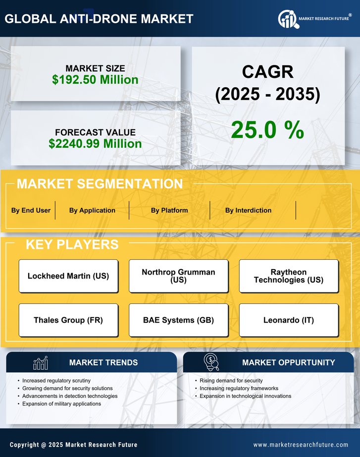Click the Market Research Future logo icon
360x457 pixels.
click(x=287, y=19)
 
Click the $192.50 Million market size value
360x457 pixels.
click(x=95, y=79)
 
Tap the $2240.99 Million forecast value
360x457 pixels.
click(x=95, y=144)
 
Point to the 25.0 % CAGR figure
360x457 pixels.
click(x=267, y=130)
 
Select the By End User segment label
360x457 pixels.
click(x=31, y=210)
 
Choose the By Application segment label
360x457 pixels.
click(x=92, y=210)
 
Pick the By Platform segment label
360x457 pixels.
click(x=169, y=210)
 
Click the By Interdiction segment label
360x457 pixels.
click(x=248, y=210)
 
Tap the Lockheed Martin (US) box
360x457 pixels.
click(x=68, y=276)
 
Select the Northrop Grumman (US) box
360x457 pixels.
click(x=178, y=276)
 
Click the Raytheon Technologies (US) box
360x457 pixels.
click(x=289, y=276)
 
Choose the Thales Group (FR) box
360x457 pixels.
click(x=68, y=320)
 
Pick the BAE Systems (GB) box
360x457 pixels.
click(x=178, y=320)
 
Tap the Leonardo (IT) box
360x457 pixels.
click(x=289, y=320)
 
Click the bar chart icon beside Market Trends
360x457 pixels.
click(x=41, y=363)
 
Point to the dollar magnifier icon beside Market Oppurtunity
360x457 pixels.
click(x=211, y=362)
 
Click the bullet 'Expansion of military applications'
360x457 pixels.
click(x=61, y=404)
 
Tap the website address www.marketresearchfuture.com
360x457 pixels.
click(x=301, y=445)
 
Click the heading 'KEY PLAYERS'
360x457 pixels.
click(x=72, y=244)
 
